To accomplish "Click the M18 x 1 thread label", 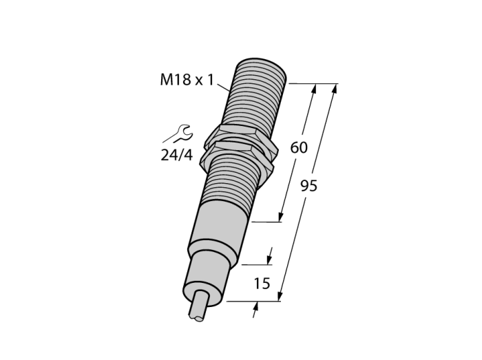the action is [x=187, y=80].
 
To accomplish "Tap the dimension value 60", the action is [x=299, y=148].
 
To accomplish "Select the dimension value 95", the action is [x=308, y=186].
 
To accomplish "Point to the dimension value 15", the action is [x=262, y=284].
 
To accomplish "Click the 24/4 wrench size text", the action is [x=177, y=155].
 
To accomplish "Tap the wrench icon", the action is [x=178, y=134].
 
